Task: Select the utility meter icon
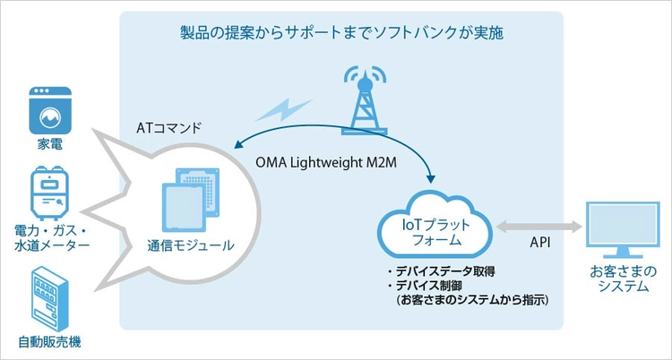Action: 50,191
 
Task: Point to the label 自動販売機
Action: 50,342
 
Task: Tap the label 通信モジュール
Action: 190,244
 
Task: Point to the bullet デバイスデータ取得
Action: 436,270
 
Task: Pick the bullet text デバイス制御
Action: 424,285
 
